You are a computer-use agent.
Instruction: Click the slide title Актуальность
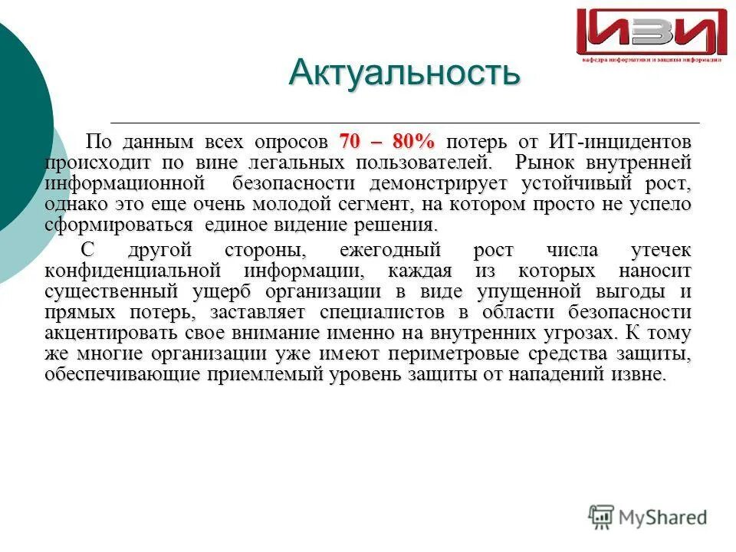pyautogui.click(x=404, y=74)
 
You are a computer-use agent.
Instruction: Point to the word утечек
pyautogui.click(x=659, y=251)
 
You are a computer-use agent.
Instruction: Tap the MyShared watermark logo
pyautogui.click(x=648, y=517)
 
